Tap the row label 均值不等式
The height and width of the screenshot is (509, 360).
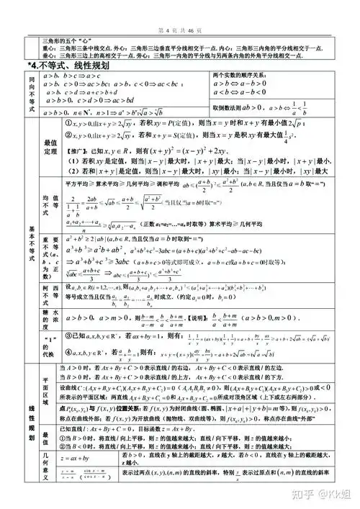50,209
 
